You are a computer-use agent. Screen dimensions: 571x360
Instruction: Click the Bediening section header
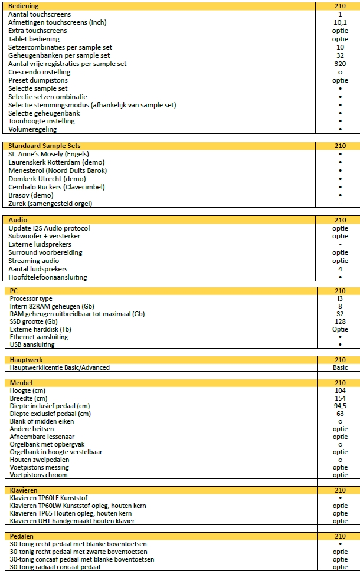tap(24, 6)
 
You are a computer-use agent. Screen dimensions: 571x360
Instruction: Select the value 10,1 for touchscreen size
tap(340, 22)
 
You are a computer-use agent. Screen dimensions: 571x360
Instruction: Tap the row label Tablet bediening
tap(34, 39)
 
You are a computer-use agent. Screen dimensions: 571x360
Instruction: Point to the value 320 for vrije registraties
tap(340, 64)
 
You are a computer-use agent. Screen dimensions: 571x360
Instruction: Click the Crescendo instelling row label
tap(39, 72)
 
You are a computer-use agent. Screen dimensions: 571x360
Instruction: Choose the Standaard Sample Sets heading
tap(45, 146)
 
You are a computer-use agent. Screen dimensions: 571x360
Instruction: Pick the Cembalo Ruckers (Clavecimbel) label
tap(57, 187)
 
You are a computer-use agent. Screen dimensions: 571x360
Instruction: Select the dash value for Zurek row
tap(340, 204)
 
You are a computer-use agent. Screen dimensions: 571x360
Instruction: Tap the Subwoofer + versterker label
tap(45, 236)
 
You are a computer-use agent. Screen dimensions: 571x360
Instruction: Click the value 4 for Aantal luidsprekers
tap(340, 269)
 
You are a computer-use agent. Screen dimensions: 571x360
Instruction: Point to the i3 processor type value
tap(340, 298)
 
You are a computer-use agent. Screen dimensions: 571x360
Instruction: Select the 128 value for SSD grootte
tap(340, 321)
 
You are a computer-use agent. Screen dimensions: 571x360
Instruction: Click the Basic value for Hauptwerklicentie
tap(340, 367)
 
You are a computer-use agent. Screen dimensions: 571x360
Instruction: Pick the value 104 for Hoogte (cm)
tap(340, 391)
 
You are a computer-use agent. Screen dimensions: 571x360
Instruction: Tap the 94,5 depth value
tap(340, 406)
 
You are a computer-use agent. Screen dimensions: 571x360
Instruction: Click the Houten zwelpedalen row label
tap(40, 460)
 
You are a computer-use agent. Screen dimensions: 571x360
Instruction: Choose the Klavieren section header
tap(24, 490)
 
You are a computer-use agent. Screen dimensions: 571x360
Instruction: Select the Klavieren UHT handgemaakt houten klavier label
tap(72, 521)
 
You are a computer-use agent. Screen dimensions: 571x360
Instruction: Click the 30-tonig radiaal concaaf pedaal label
tap(55, 567)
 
